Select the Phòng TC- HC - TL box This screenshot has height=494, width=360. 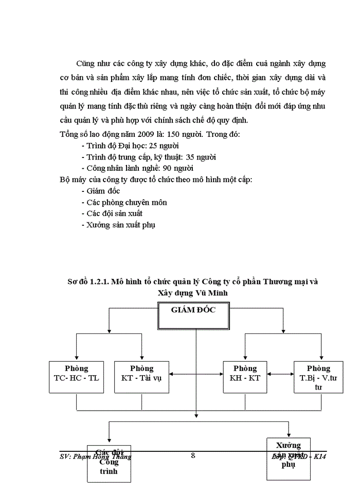click(x=77, y=377)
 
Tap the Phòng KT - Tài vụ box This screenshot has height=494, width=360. click(x=141, y=377)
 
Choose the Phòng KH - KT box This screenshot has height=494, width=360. click(x=245, y=377)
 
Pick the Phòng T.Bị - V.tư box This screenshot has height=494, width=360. click(x=318, y=377)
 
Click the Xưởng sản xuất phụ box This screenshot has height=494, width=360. click(x=288, y=458)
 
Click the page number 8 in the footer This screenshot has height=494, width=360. click(x=193, y=455)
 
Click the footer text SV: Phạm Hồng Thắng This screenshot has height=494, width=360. click(x=96, y=456)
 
